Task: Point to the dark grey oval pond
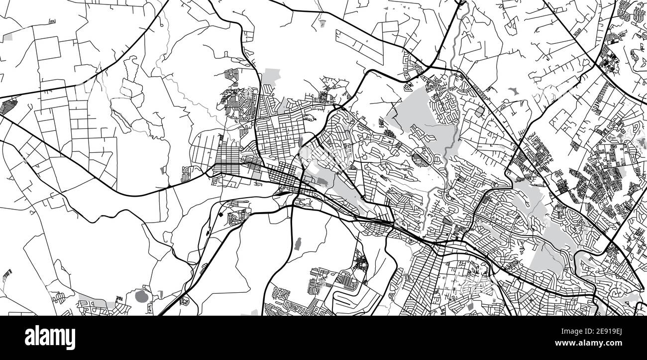[x=142, y=296]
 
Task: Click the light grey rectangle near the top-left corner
[x=7, y=38]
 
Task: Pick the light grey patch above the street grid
[x=271, y=77]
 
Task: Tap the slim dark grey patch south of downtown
[x=298, y=244]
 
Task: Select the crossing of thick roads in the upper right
[x=597, y=64]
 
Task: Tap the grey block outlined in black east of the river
[x=478, y=112]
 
